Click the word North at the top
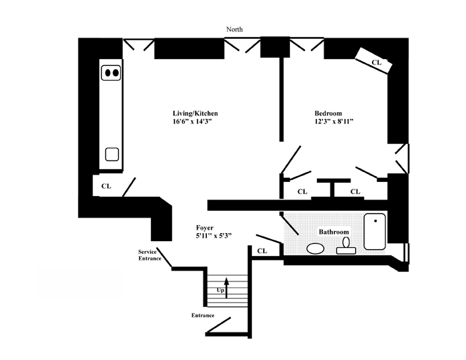point(234,30)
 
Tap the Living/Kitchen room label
point(195,114)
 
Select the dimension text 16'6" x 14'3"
point(195,122)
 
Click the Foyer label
point(205,228)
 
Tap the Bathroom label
point(334,232)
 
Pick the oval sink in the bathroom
point(315,248)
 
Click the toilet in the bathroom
point(346,244)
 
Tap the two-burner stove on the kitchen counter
point(111,72)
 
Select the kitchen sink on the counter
point(111,154)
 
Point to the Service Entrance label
point(150,255)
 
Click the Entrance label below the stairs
point(203,315)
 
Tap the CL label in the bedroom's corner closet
point(377,62)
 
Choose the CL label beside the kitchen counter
point(106,186)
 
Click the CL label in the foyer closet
point(262,251)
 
